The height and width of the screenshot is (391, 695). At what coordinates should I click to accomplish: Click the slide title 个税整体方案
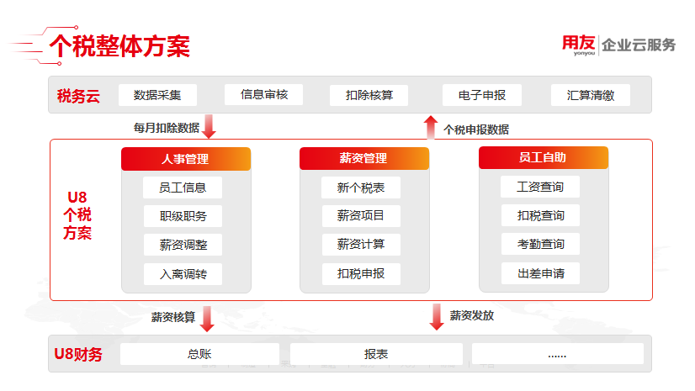pos(119,46)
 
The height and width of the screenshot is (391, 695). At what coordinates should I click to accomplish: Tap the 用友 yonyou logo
pos(578,45)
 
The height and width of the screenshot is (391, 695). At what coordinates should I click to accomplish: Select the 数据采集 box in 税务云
pos(157,95)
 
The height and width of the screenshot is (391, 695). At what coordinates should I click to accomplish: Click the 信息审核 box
pos(263,94)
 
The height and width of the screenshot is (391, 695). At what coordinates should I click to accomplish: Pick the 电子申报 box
pos(482,95)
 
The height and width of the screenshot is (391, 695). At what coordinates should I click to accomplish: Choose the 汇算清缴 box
pos(591,95)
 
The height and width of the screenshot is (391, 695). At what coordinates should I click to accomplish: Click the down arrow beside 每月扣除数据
pos(209,126)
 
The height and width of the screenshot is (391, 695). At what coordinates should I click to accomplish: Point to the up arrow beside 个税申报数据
pos(431,127)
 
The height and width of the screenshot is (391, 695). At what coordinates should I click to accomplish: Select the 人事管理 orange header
pos(186,159)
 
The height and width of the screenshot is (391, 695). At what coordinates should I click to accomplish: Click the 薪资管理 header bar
pos(364,158)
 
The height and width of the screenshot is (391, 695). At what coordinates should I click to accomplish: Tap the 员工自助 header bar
pos(544,157)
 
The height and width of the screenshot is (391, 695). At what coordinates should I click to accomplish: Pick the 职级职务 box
pos(183,216)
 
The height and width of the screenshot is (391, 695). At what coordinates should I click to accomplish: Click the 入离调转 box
pos(183,274)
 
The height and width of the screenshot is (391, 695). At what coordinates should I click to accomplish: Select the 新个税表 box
pos(361,188)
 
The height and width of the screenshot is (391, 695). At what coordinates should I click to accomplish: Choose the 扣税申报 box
pos(361,273)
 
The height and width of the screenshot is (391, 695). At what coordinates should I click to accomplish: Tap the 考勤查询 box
pos(540,244)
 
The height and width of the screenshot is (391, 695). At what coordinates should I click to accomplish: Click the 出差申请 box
pos(540,273)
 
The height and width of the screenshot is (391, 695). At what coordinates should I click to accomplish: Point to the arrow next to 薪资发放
pos(437,317)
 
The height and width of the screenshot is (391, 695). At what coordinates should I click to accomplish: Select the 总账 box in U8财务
pos(199,354)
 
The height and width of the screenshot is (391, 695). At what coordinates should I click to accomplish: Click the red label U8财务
pos(78,354)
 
